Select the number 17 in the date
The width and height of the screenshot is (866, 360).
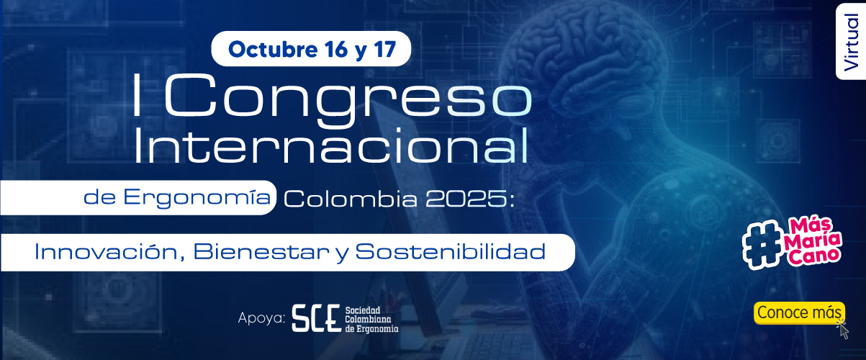pos(384,49)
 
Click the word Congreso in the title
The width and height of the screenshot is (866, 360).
pos(348,99)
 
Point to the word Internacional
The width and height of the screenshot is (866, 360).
pos(331,146)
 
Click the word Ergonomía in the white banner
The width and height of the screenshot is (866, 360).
pos(197,197)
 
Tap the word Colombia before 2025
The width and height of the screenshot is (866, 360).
pos(351,199)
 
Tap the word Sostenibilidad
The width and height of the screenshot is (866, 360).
pos(451,252)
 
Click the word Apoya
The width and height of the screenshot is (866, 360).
pos(261,318)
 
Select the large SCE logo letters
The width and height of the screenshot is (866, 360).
pos(316,318)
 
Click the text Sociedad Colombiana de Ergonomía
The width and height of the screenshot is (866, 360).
pos(371,320)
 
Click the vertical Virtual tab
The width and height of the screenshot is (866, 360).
pos(851,42)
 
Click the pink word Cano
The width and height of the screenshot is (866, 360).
pos(814,256)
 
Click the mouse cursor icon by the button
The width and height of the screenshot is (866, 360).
pos(843,330)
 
